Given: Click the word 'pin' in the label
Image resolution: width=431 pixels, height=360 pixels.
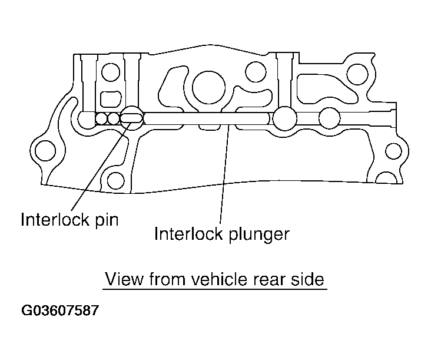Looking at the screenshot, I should click(x=107, y=220).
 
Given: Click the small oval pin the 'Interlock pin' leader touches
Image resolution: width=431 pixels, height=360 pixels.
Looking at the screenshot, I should click(x=131, y=118).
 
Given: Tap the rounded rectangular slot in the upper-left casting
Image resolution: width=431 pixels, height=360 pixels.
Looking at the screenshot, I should click(x=110, y=97).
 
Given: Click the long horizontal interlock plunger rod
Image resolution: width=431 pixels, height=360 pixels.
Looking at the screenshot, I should click(x=206, y=118).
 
